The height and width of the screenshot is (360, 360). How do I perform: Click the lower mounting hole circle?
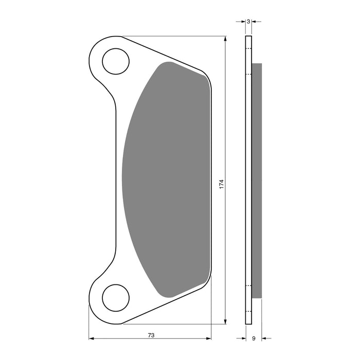click(x=115, y=298)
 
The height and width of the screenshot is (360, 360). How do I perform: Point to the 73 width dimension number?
click(x=151, y=335)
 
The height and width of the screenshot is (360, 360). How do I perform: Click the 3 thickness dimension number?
click(x=248, y=22)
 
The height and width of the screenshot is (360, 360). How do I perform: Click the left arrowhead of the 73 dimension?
click(x=92, y=338)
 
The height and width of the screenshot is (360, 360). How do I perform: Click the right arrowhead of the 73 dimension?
click(x=208, y=338)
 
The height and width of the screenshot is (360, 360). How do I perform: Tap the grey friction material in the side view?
click(x=257, y=180)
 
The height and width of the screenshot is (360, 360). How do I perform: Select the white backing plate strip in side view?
click(x=248, y=180)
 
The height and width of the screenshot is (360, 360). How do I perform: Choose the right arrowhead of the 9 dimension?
click(x=264, y=338)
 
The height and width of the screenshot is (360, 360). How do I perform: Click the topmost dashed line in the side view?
click(x=248, y=49)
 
